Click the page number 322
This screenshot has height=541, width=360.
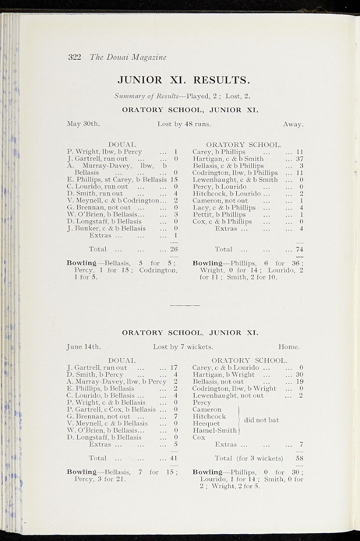click(x=74, y=57)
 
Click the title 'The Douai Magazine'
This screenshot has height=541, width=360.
click(x=128, y=57)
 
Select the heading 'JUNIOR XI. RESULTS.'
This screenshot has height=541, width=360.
click(x=183, y=80)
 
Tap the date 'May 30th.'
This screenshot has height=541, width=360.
click(x=83, y=124)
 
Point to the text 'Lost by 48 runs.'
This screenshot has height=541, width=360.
click(x=184, y=124)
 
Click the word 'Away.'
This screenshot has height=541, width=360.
click(x=293, y=124)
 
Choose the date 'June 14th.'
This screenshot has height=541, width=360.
click(x=84, y=347)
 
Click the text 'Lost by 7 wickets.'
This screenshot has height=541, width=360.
click(x=183, y=347)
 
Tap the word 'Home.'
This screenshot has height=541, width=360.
click(x=289, y=347)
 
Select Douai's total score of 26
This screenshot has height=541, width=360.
click(x=173, y=249)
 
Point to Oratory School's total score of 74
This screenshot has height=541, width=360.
click(x=299, y=249)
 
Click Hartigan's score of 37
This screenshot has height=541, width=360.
click(x=299, y=158)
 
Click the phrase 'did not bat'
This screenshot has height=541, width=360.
click(x=261, y=420)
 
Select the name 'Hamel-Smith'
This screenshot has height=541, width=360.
click(x=215, y=431)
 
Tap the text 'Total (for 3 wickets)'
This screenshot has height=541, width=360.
click(x=248, y=458)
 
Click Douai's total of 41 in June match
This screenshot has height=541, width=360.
click(x=173, y=458)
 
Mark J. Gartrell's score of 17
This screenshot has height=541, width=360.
click(x=173, y=368)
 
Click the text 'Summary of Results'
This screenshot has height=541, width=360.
click(x=146, y=96)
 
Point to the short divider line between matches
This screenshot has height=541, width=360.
click(x=185, y=305)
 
